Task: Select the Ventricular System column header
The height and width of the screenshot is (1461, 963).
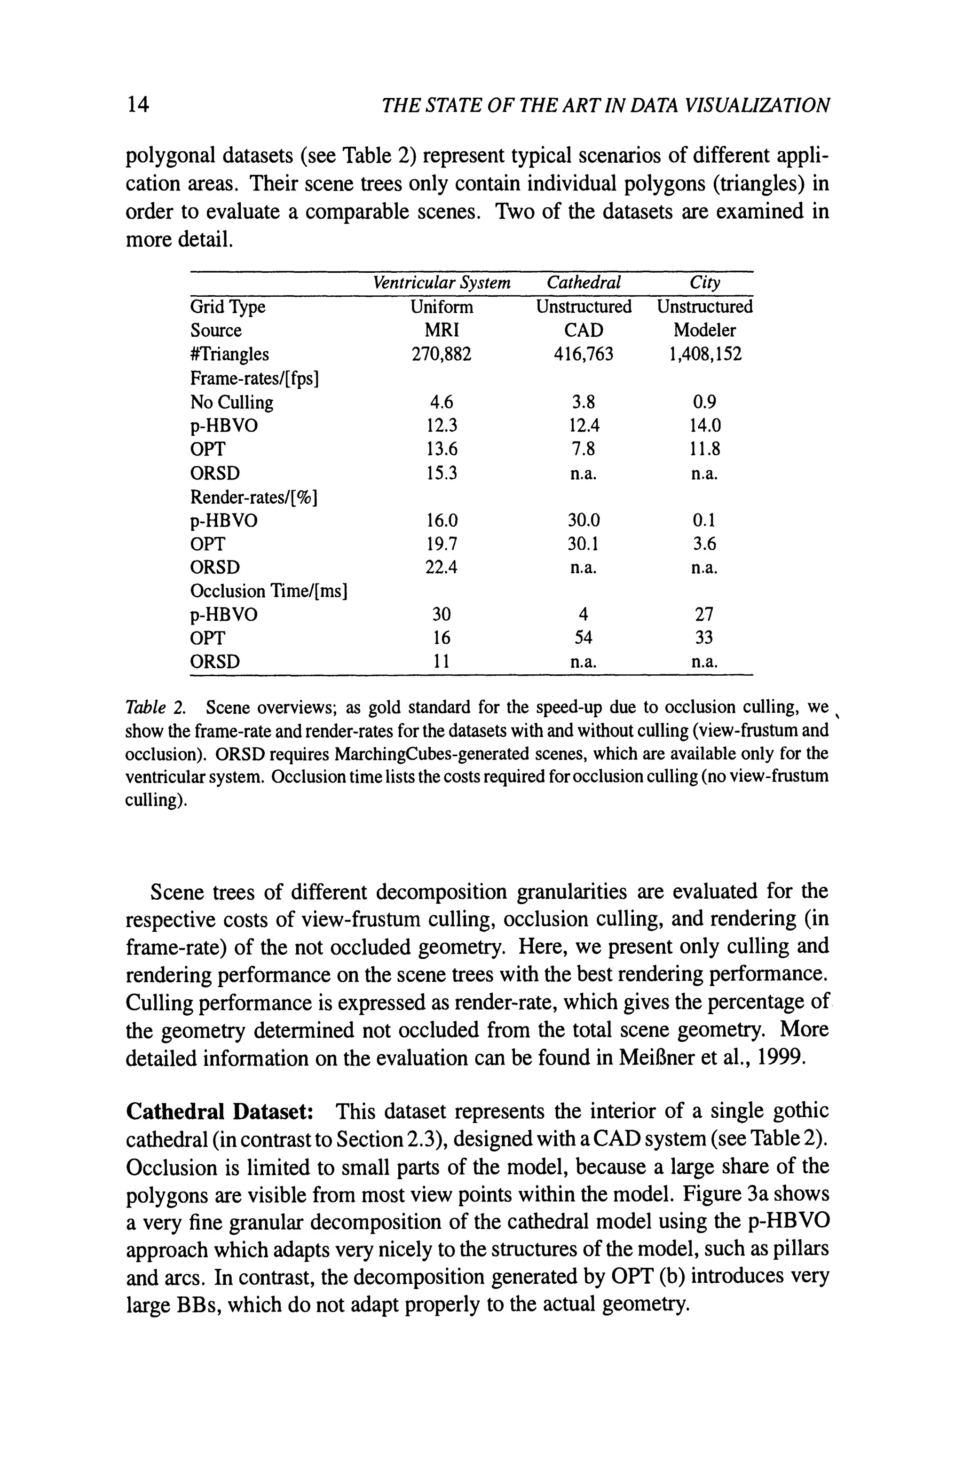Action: click(442, 283)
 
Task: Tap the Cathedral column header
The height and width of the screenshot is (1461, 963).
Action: click(583, 283)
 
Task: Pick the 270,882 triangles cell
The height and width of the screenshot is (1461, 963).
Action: click(442, 355)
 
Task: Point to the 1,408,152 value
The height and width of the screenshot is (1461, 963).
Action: click(704, 355)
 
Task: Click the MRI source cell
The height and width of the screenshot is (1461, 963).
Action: click(442, 331)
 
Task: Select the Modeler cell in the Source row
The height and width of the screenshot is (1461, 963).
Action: click(704, 331)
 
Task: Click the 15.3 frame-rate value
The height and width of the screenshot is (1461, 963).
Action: click(442, 474)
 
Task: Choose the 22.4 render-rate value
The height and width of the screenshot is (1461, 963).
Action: click(442, 568)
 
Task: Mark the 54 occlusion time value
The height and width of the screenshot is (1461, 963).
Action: click(583, 638)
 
